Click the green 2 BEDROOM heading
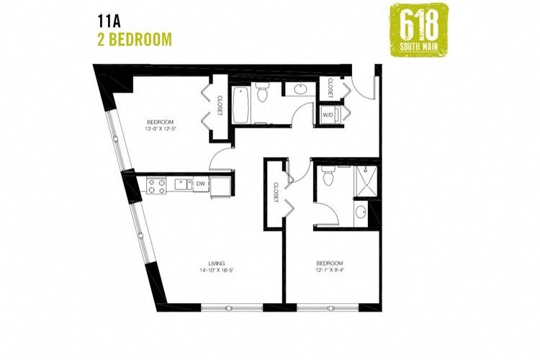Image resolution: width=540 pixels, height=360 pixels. point(134,38)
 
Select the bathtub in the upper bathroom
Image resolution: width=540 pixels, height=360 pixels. point(243,105)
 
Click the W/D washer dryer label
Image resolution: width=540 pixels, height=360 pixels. point(328,114)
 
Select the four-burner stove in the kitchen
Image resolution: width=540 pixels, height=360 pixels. point(158,186)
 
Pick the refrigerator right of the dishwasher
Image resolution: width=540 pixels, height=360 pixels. point(222,184)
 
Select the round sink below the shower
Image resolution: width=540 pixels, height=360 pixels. point(361,212)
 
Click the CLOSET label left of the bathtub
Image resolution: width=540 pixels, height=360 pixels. point(220,107)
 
